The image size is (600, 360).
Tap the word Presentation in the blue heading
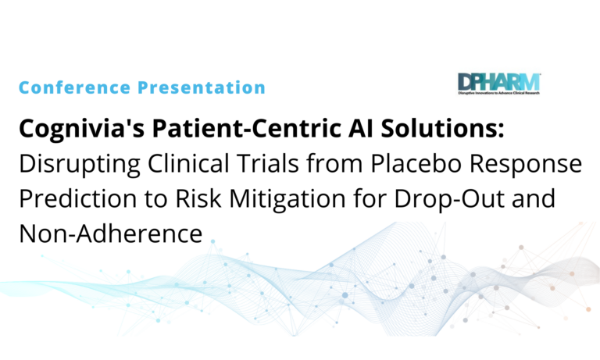(196, 87)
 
